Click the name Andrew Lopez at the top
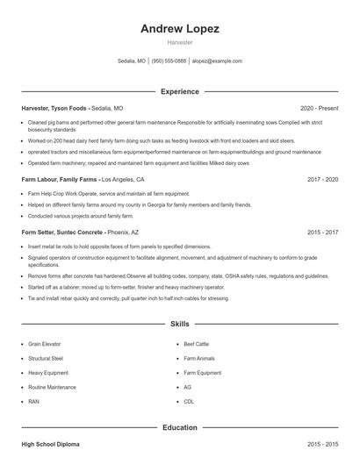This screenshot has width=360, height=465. pyautogui.click(x=180, y=28)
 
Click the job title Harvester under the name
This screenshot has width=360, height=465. pyautogui.click(x=180, y=42)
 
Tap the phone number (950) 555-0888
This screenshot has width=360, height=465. pyautogui.click(x=169, y=61)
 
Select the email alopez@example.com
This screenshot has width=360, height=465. pyautogui.click(x=218, y=61)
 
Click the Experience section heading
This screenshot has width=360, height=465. pyautogui.click(x=180, y=91)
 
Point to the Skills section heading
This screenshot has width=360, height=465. pyautogui.click(x=180, y=324)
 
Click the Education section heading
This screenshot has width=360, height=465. pyautogui.click(x=180, y=427)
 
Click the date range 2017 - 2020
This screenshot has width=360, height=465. pyautogui.click(x=322, y=178)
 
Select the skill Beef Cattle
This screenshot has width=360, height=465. pyautogui.click(x=197, y=344)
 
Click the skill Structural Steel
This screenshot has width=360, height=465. pyautogui.click(x=46, y=358)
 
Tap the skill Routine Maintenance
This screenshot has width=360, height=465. pyautogui.click(x=52, y=387)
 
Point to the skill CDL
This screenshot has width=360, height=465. pyautogui.click(x=189, y=401)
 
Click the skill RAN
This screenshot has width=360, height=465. pyautogui.click(x=33, y=401)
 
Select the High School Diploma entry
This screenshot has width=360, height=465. pyautogui.click(x=50, y=445)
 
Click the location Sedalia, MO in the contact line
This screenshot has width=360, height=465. pyautogui.click(x=132, y=61)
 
